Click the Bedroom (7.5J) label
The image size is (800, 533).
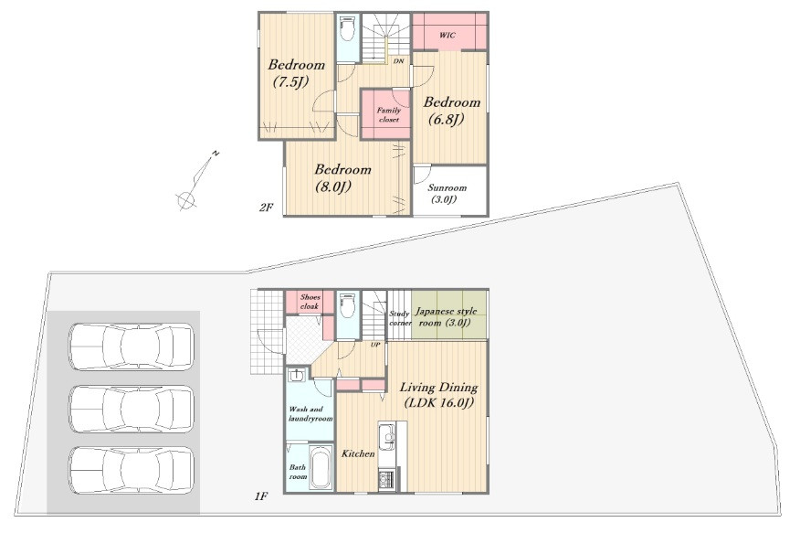click(x=297, y=73)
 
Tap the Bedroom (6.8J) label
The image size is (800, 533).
click(x=451, y=111)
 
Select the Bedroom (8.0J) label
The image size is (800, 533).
click(x=342, y=177)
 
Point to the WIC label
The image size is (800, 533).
click(x=447, y=36)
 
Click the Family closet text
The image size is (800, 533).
click(x=389, y=114)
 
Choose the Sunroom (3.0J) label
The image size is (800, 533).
click(x=447, y=194)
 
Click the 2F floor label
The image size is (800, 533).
click(x=266, y=208)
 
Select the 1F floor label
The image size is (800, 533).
click(x=260, y=496)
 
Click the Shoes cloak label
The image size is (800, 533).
click(x=310, y=302)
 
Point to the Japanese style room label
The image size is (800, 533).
click(x=446, y=316)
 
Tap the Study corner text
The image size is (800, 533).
click(x=400, y=318)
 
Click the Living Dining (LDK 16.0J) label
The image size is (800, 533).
click(x=438, y=395)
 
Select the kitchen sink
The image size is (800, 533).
click(x=386, y=437)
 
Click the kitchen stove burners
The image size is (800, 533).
click(x=385, y=480)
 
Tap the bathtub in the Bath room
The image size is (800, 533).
click(x=321, y=468)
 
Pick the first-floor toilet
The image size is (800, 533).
click(x=348, y=305)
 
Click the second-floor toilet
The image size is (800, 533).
click(x=348, y=28)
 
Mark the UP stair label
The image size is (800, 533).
click(x=375, y=345)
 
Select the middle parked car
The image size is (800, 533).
click(x=132, y=409)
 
